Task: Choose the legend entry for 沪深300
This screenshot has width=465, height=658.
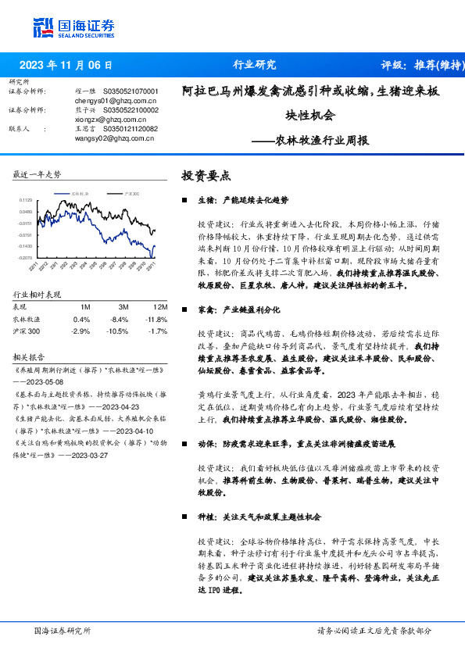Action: (x=129, y=192)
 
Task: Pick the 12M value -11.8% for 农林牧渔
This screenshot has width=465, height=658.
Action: (x=157, y=319)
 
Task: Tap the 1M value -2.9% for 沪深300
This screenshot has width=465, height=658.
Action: (x=81, y=331)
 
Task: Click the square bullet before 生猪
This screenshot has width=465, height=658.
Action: (x=184, y=200)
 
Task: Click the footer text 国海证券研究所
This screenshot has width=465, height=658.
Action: (x=63, y=630)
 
